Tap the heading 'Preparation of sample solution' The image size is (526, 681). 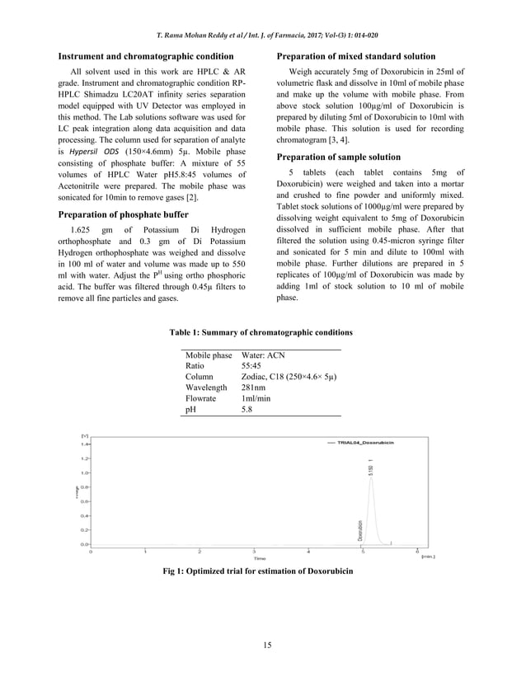[x=339, y=157]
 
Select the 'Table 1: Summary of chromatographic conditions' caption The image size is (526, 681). [x=261, y=332]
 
